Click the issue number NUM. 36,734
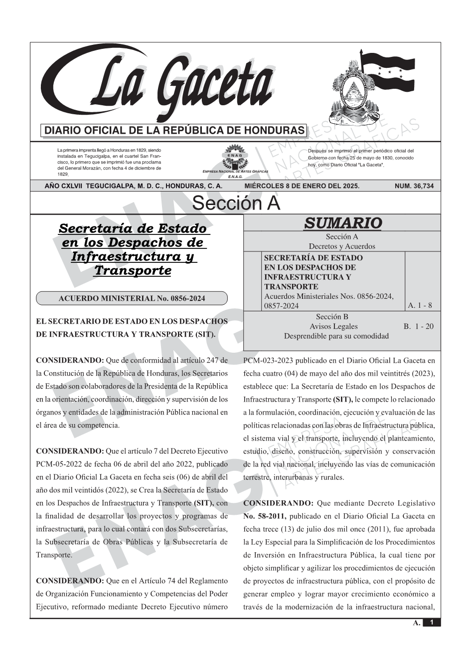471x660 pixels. click(x=414, y=186)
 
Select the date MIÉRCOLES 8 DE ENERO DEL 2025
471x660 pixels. click(x=302, y=186)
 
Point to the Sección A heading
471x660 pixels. click(x=236, y=204)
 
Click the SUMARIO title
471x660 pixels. click(x=342, y=223)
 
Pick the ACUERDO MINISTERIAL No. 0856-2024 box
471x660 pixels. click(x=132, y=298)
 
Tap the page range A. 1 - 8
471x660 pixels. click(x=420, y=305)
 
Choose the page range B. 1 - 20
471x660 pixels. click(x=418, y=326)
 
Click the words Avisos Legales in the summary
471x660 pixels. click(x=333, y=326)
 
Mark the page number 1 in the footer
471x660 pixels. click(x=432, y=622)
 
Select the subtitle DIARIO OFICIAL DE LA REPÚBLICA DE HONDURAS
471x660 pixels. click(x=174, y=131)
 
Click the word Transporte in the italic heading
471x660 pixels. click(x=133, y=270)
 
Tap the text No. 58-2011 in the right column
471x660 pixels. click(x=264, y=516)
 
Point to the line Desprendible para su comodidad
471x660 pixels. click(x=336, y=336)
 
